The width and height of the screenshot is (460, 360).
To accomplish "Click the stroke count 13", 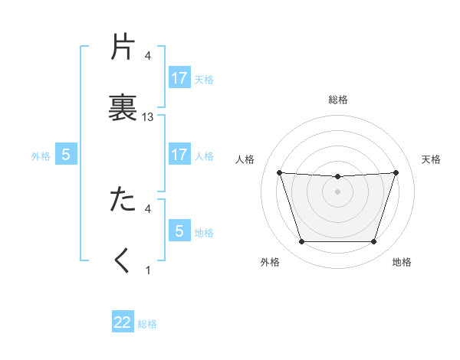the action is [x=148, y=116].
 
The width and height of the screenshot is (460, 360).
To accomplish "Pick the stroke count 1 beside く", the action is [x=148, y=270].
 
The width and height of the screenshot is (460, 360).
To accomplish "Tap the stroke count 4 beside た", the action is [x=148, y=208].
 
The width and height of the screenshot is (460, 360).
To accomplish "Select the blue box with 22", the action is [x=123, y=322].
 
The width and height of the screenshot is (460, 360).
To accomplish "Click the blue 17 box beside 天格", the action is [x=179, y=78].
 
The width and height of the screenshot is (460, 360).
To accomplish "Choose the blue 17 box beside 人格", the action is [x=179, y=155].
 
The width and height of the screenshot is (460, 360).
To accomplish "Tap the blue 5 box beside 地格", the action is [x=179, y=231].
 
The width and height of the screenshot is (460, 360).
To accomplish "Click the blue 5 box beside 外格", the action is [x=66, y=155].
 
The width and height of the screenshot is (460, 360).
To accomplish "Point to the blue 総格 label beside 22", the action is [x=147, y=324].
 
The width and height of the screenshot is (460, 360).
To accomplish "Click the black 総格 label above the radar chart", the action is [x=337, y=100].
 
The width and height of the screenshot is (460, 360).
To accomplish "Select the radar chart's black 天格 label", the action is [x=431, y=159].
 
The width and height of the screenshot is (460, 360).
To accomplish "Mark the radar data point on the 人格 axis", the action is [x=279, y=172].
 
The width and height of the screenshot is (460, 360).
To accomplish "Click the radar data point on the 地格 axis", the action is [x=373, y=242].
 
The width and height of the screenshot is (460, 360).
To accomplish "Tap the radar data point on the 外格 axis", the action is [x=301, y=242].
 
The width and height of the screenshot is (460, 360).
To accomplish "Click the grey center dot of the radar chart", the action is [x=337, y=191].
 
